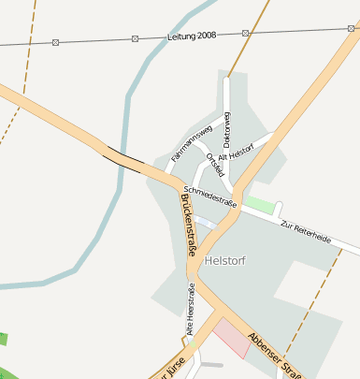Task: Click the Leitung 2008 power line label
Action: click(x=192, y=35)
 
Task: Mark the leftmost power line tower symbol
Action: click(x=55, y=42)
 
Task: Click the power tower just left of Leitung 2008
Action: click(x=136, y=38)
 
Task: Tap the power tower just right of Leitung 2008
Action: click(x=245, y=33)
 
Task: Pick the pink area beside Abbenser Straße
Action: click(x=232, y=337)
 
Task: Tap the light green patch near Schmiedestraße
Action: click(x=263, y=204)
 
